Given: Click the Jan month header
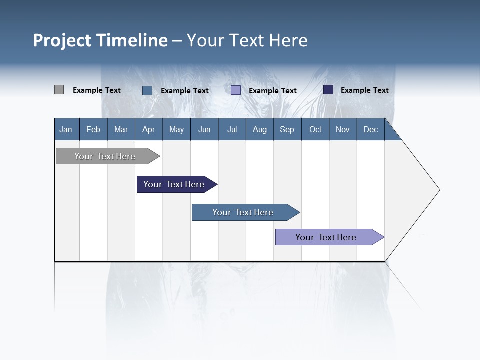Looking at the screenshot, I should (66, 129).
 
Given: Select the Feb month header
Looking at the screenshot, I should (93, 129).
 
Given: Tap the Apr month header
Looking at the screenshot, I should (148, 129).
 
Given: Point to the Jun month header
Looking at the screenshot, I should (204, 129).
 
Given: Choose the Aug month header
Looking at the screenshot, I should (259, 129).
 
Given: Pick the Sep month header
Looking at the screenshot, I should (287, 129).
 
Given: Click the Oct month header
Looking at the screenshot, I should (315, 129).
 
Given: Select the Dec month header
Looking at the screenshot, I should (370, 129).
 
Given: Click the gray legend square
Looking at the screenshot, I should (59, 90).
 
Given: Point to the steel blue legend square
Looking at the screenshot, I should (147, 90).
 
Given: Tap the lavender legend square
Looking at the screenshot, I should (236, 90).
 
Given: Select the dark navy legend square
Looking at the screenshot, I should (328, 90).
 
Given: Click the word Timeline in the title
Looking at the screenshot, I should (132, 40).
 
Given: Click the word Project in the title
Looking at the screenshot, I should (62, 40).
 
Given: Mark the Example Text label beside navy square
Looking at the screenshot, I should (364, 90).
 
